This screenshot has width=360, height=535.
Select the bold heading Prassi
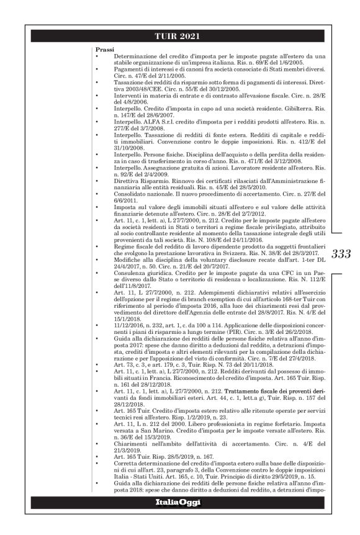pos(104,48)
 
